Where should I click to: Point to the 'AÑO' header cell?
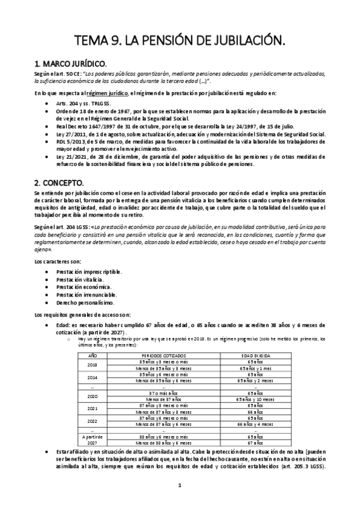[x=93, y=355]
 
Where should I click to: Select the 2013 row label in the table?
[x=93, y=364]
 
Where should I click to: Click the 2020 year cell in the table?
[x=93, y=396]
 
